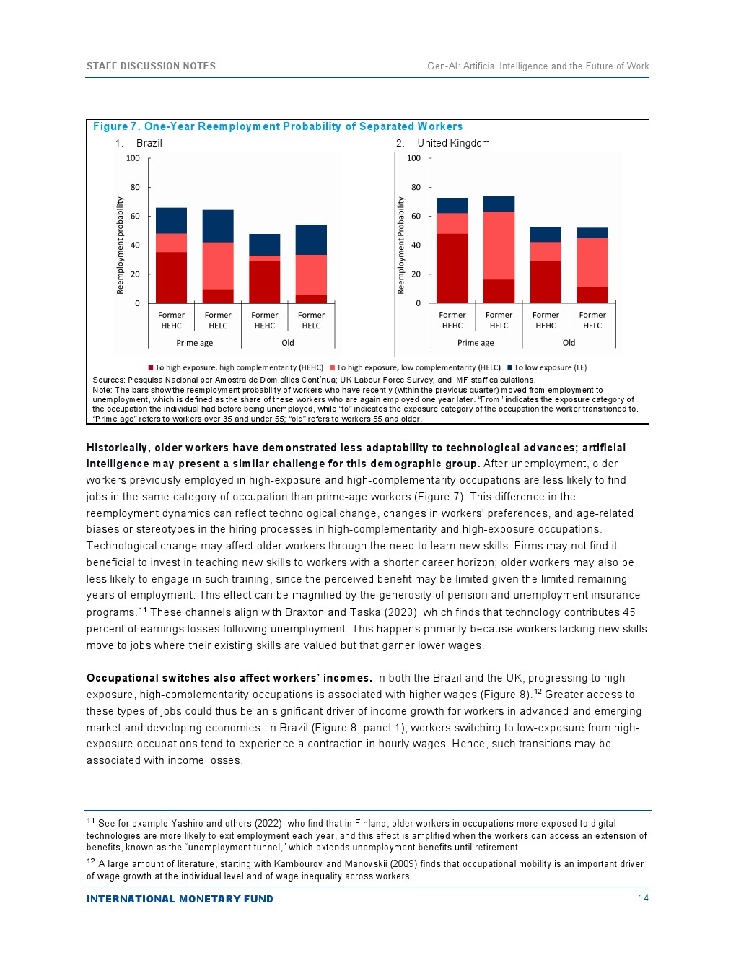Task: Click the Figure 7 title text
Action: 277,126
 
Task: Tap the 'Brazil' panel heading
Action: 149,143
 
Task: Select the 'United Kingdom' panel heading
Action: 453,143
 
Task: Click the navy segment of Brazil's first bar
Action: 171,220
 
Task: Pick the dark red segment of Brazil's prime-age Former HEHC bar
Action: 171,277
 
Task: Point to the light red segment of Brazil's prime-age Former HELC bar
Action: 218,266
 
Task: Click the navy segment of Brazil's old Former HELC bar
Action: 311,240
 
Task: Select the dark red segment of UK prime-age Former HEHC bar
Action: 452,268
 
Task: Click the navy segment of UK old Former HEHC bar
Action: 546,234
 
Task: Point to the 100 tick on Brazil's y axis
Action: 133,158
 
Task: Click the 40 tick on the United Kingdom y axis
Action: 416,245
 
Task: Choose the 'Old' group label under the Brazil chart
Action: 288,343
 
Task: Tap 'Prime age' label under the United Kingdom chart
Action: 476,343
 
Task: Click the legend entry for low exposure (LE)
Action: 550,367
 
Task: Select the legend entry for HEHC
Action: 238,367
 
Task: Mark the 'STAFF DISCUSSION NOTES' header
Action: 151,66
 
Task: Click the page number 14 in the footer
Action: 644,897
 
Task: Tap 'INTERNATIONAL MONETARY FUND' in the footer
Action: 180,899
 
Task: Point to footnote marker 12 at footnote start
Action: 91,861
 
